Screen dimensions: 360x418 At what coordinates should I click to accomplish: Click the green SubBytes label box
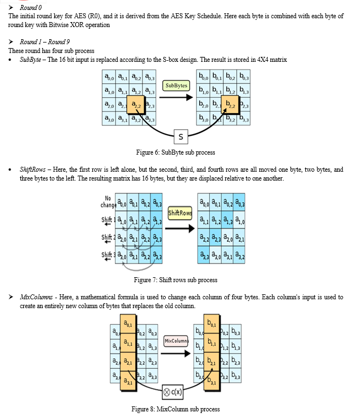point(176,86)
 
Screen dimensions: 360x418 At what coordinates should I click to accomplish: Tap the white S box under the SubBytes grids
point(181,137)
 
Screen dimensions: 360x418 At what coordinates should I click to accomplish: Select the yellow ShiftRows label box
point(180,213)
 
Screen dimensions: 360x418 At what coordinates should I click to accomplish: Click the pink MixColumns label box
point(176,341)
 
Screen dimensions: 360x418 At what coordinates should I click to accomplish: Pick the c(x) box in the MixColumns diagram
point(173,392)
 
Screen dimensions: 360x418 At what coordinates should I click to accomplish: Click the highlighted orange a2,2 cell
point(135,105)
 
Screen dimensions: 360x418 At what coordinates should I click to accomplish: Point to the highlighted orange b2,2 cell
point(230,105)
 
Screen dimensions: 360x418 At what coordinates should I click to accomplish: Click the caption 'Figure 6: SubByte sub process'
point(176,152)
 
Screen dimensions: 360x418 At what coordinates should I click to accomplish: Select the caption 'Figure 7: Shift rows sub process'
point(176,280)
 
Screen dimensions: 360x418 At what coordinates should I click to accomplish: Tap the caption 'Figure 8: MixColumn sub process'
point(176,409)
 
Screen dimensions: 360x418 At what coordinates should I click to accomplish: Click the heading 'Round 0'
point(30,8)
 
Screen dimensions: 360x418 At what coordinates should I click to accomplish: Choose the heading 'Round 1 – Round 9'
point(45,42)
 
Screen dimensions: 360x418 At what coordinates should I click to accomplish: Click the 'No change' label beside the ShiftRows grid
point(108,202)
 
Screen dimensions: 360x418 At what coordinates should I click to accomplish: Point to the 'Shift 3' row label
point(108,256)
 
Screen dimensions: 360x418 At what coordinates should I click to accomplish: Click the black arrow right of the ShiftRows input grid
point(180,229)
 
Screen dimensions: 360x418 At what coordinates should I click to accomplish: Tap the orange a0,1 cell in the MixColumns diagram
point(128,324)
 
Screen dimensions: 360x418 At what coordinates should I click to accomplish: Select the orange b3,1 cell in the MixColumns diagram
point(212,381)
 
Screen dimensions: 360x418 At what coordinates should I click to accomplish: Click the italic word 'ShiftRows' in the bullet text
point(33,170)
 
